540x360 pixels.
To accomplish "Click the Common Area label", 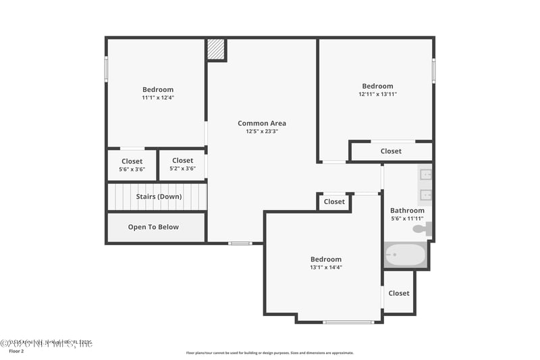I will pyautogui.click(x=262, y=124).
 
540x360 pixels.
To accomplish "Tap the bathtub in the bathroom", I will pyautogui.click(x=405, y=255).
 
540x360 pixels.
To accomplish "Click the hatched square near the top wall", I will pyautogui.click(x=215, y=49).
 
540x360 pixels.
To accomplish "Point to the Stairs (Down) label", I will pyautogui.click(x=159, y=197).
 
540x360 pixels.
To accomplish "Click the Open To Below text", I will pyautogui.click(x=153, y=227).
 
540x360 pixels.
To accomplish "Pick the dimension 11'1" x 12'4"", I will pyautogui.click(x=157, y=98).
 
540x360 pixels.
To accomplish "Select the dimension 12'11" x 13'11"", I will pyautogui.click(x=377, y=95).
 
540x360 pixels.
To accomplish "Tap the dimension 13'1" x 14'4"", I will pyautogui.click(x=325, y=267).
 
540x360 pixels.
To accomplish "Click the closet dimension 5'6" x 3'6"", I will pyautogui.click(x=132, y=169).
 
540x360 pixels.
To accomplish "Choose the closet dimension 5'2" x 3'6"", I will pyautogui.click(x=182, y=168).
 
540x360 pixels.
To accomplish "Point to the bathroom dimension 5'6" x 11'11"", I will pyautogui.click(x=407, y=219).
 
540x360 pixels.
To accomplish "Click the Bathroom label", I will pyautogui.click(x=407, y=211).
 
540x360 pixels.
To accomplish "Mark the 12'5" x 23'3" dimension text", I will pyautogui.click(x=262, y=132).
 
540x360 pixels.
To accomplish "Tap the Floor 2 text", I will pyautogui.click(x=16, y=351).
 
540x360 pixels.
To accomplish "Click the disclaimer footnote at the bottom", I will pyautogui.click(x=269, y=353).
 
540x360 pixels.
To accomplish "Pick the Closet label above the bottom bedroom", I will pyautogui.click(x=334, y=202).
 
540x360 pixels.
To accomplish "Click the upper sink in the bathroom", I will pyautogui.click(x=425, y=175).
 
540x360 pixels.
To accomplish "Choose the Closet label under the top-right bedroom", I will pyautogui.click(x=391, y=151).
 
